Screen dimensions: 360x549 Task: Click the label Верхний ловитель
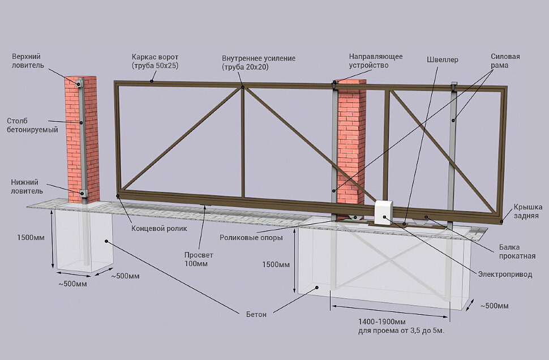pyautogui.click(x=27, y=61)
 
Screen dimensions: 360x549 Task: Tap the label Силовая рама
pyautogui.click(x=505, y=61)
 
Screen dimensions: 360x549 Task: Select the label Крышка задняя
pyautogui.click(x=528, y=211)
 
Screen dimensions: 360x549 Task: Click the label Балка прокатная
pyautogui.click(x=517, y=251)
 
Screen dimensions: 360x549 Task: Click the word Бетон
pyautogui.click(x=256, y=314)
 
